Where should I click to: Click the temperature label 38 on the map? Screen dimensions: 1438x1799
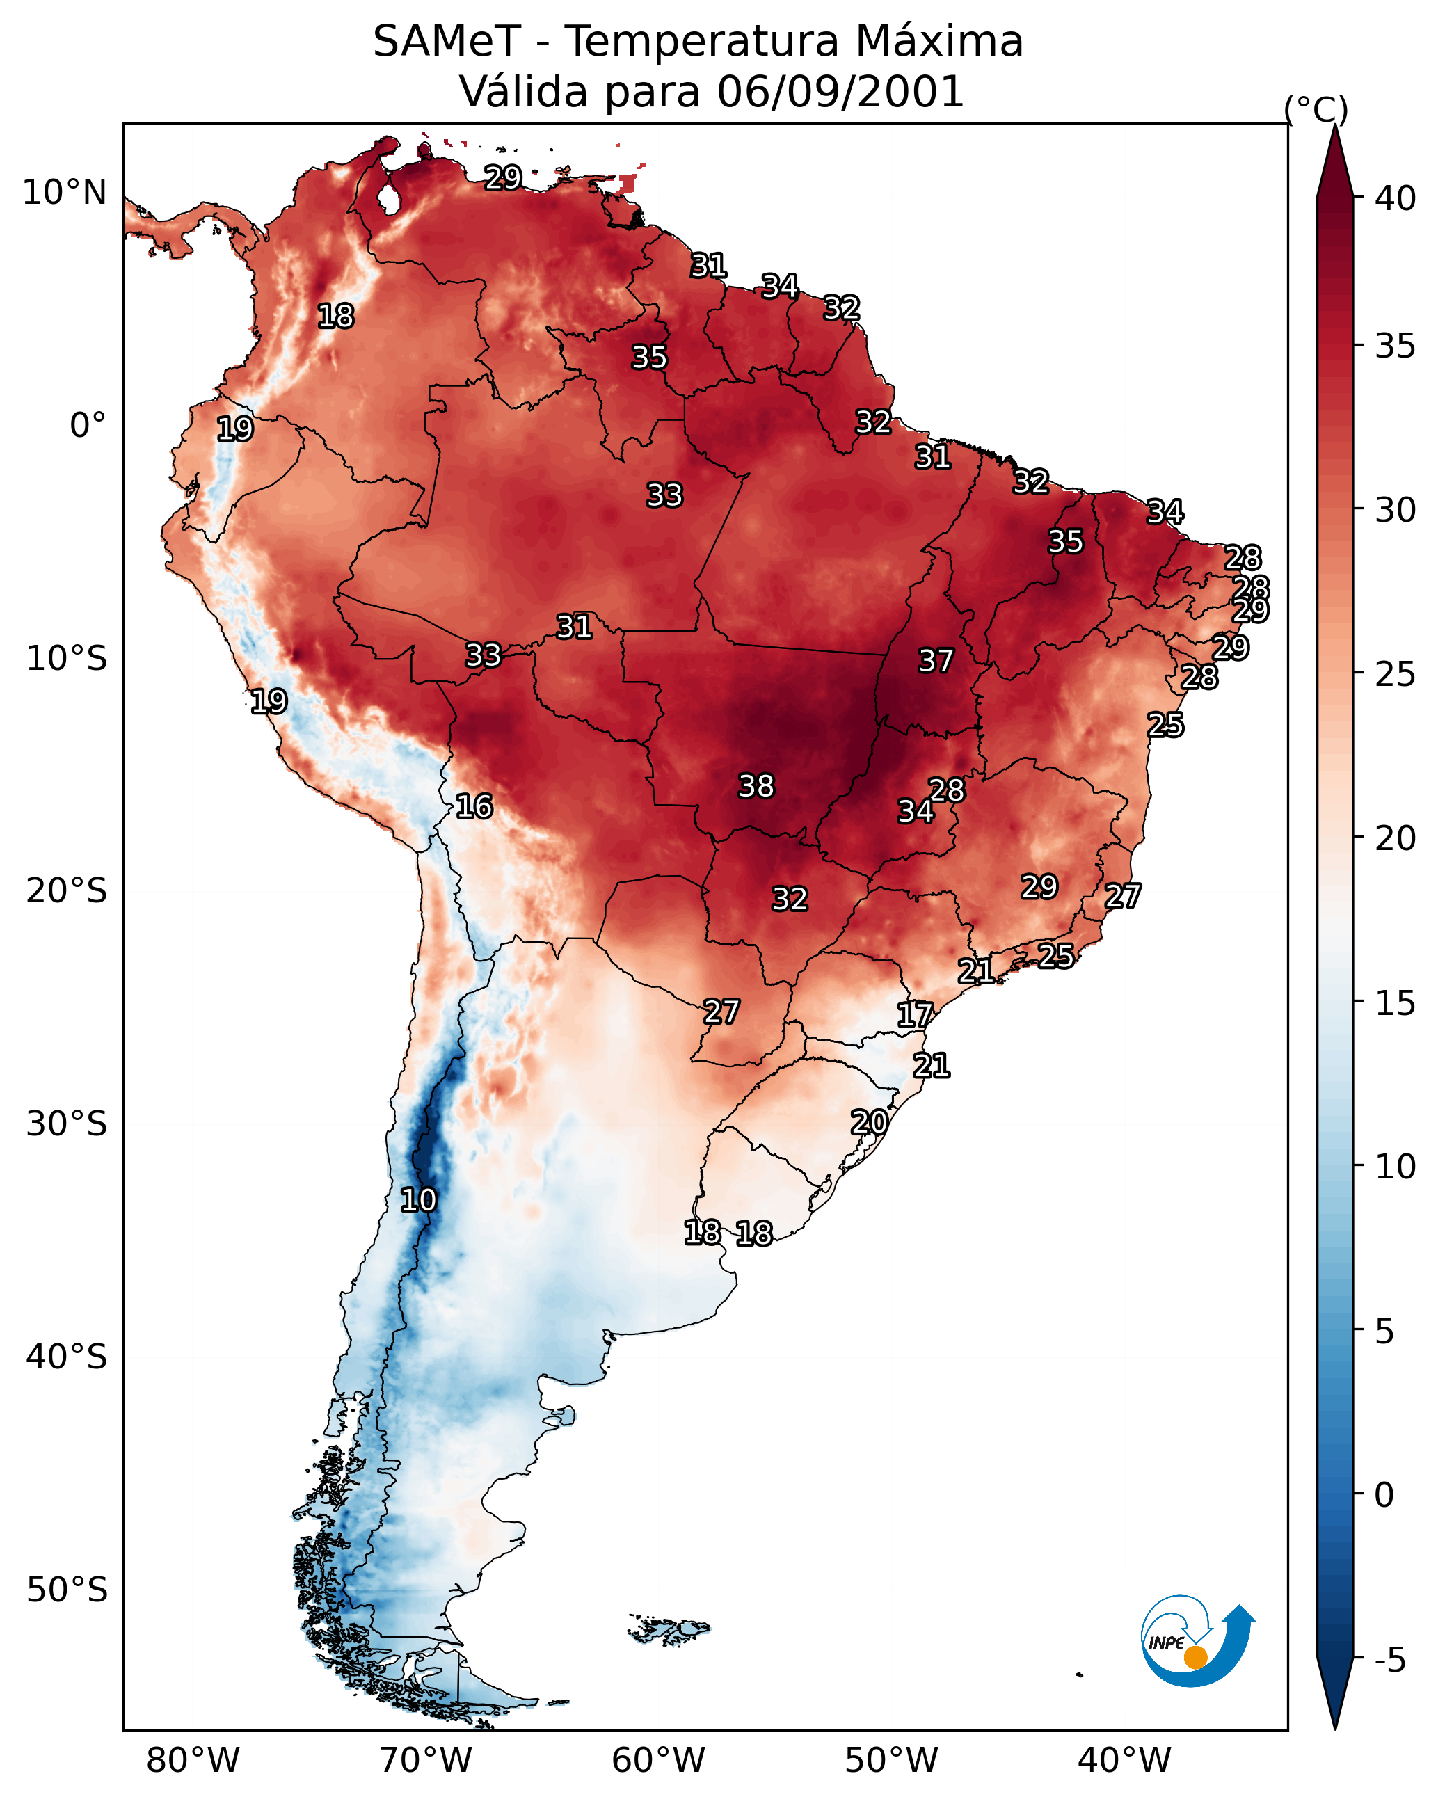pyautogui.click(x=756, y=786)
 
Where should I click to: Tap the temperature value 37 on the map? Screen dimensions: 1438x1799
pyautogui.click(x=936, y=661)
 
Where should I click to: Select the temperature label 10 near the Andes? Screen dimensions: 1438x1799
pyautogui.click(x=418, y=1200)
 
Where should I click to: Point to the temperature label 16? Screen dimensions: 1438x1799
pyautogui.click(x=474, y=806)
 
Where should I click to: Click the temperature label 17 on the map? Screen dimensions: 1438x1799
pyautogui.click(x=915, y=1015)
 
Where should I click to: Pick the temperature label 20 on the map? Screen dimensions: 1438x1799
pyautogui.click(x=869, y=1122)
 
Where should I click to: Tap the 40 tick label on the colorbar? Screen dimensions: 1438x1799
pyautogui.click(x=1396, y=198)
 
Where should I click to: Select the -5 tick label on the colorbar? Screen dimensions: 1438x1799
pyautogui.click(x=1389, y=1661)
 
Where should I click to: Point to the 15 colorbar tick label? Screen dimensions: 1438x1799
pyautogui.click(x=1396, y=1004)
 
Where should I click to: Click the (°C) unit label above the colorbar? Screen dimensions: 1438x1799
pyautogui.click(x=1316, y=110)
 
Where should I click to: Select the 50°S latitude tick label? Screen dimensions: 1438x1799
pyautogui.click(x=67, y=1590)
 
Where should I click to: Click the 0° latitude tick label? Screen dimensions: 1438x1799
pyautogui.click(x=88, y=426)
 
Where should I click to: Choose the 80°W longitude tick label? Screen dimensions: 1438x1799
pyautogui.click(x=193, y=1760)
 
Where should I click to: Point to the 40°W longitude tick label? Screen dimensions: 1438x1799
pyautogui.click(x=1124, y=1760)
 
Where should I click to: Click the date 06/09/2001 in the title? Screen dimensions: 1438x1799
pyautogui.click(x=840, y=92)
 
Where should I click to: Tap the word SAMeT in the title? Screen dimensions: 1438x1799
pyautogui.click(x=447, y=42)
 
